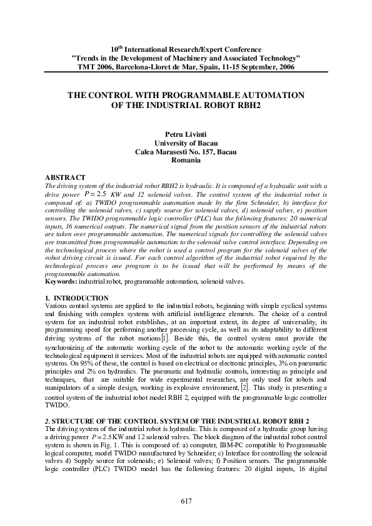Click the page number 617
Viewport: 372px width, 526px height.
coord(186,501)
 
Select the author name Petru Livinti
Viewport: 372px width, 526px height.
coord(186,134)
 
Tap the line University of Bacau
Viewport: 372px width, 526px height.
coord(186,143)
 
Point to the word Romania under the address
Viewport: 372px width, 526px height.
coord(186,161)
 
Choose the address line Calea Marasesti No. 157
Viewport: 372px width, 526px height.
coord(186,152)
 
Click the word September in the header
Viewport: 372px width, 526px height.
coord(248,66)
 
